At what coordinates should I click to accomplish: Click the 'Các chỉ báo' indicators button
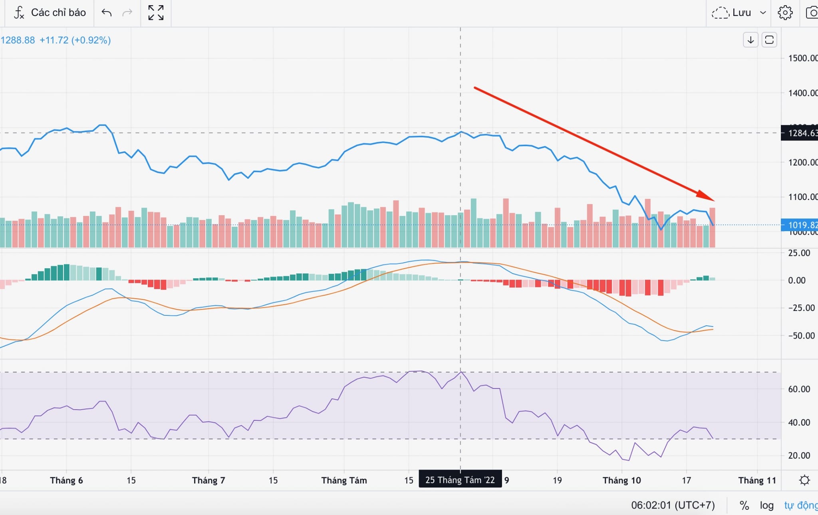[x=50, y=13]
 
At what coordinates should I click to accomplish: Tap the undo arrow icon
[x=106, y=13]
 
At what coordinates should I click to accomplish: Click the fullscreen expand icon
[x=156, y=13]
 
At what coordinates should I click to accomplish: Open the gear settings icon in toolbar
[x=785, y=13]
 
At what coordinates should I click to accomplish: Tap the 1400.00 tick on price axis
[x=802, y=93]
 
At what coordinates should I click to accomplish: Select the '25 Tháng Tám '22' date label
[x=460, y=480]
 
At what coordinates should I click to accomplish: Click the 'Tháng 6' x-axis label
[x=66, y=480]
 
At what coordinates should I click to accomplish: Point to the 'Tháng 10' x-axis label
[x=621, y=480]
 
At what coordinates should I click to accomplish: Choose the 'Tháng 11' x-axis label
[x=757, y=480]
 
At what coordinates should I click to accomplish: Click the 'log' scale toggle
[x=766, y=505]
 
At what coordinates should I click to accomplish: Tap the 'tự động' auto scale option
[x=800, y=505]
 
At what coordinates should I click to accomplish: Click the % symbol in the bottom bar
[x=744, y=505]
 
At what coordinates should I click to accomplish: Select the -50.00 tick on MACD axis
[x=801, y=336]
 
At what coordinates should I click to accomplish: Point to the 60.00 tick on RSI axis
[x=799, y=389]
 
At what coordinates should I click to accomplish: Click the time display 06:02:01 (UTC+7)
[x=673, y=505]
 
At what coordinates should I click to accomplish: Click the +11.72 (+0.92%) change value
[x=75, y=40]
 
